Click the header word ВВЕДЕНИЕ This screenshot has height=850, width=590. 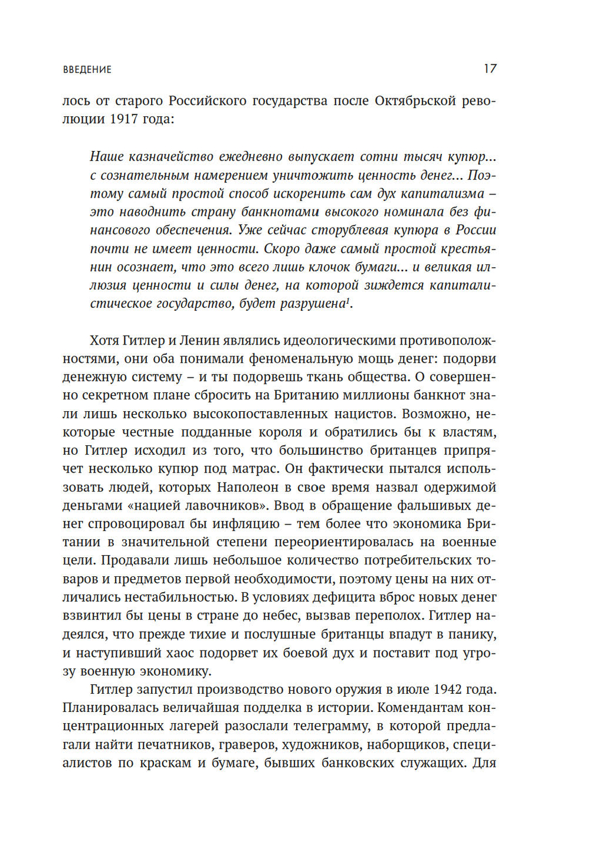[87, 70]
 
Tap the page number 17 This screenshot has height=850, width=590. [490, 68]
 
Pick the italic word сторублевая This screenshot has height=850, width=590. [357, 230]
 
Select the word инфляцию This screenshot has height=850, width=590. [246, 524]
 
